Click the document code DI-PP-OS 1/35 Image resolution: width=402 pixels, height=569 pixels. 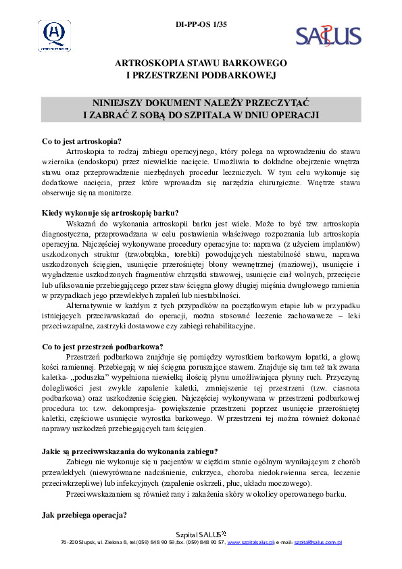[x=201, y=25]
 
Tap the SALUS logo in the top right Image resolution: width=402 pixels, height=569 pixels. [x=328, y=35]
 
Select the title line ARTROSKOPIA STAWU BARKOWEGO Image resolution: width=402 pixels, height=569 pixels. [x=201, y=63]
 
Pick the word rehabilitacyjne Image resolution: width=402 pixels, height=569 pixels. [x=224, y=326]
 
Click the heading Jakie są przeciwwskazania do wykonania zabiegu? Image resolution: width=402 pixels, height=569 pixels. [x=130, y=451]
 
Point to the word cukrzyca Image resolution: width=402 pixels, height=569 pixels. [x=220, y=473]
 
